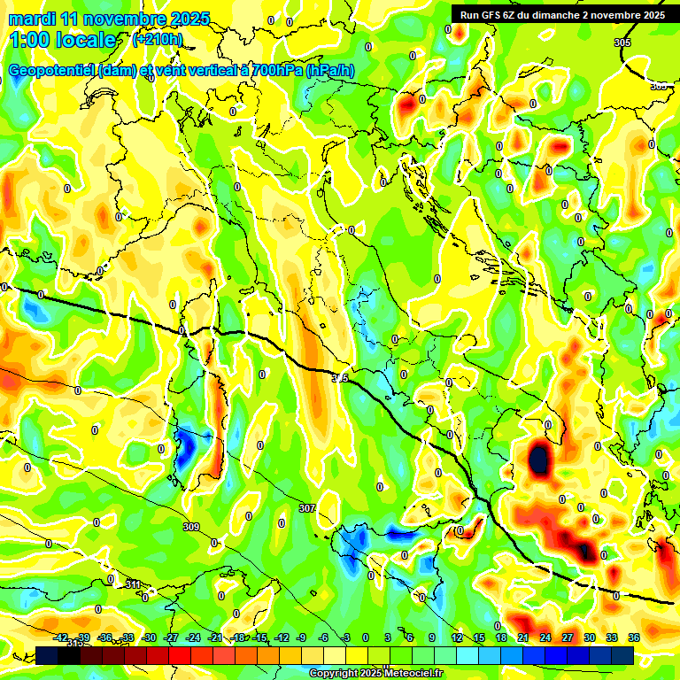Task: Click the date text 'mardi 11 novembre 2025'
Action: [x=109, y=19]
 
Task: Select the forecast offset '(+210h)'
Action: [x=157, y=40]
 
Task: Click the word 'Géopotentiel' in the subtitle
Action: [x=51, y=71]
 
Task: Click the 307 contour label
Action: [x=306, y=508]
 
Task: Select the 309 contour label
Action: [x=190, y=527]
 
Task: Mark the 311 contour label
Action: [x=133, y=584]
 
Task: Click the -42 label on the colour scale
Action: [x=60, y=637]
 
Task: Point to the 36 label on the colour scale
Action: [x=634, y=637]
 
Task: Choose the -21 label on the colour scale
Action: [x=214, y=637]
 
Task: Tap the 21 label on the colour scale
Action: [x=523, y=637]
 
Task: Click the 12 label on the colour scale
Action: [x=457, y=637]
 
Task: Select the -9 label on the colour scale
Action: [x=302, y=637]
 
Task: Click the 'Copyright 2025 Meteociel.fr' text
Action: [x=376, y=673]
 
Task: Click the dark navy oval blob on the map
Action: [x=537, y=459]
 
